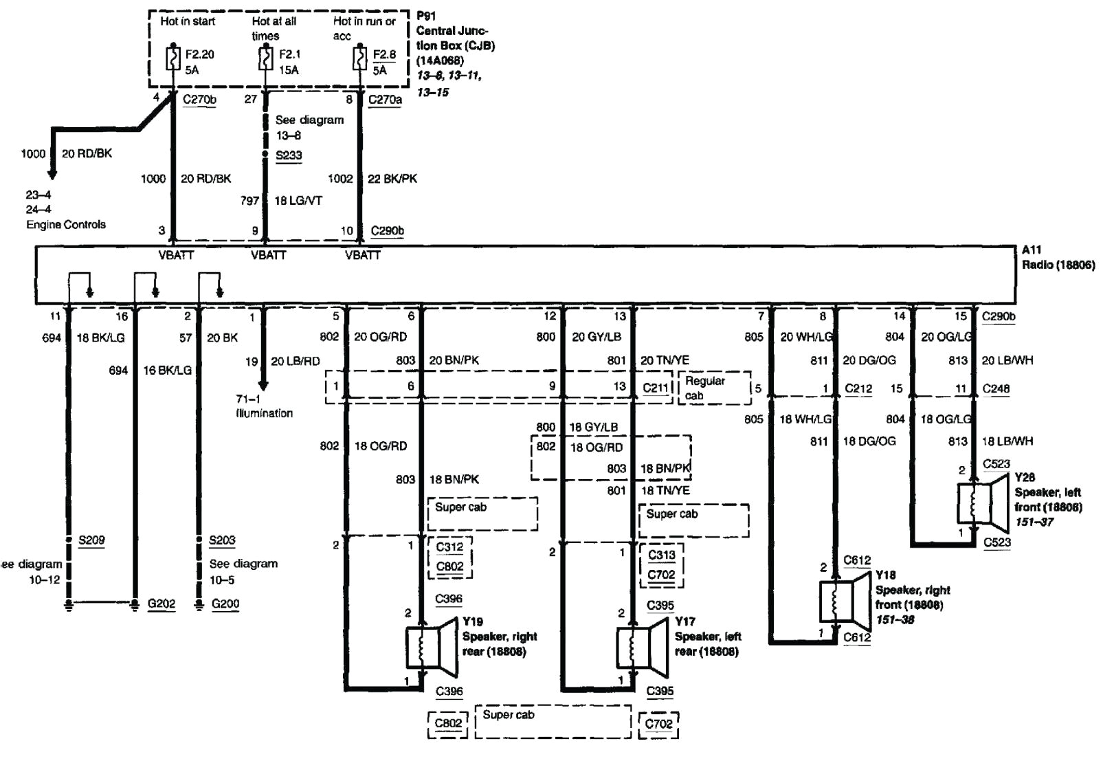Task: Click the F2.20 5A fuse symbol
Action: [173, 58]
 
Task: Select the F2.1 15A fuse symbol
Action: [266, 58]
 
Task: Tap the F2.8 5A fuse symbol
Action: [358, 58]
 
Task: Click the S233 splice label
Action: [289, 155]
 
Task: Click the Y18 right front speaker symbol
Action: [845, 601]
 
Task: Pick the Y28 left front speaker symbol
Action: [983, 503]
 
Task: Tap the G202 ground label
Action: [161, 604]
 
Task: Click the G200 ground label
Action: [225, 604]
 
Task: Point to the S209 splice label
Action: [91, 540]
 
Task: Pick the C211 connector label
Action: [656, 388]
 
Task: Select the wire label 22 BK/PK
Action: [392, 179]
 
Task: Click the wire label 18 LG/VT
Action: [298, 201]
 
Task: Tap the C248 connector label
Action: [996, 389]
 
